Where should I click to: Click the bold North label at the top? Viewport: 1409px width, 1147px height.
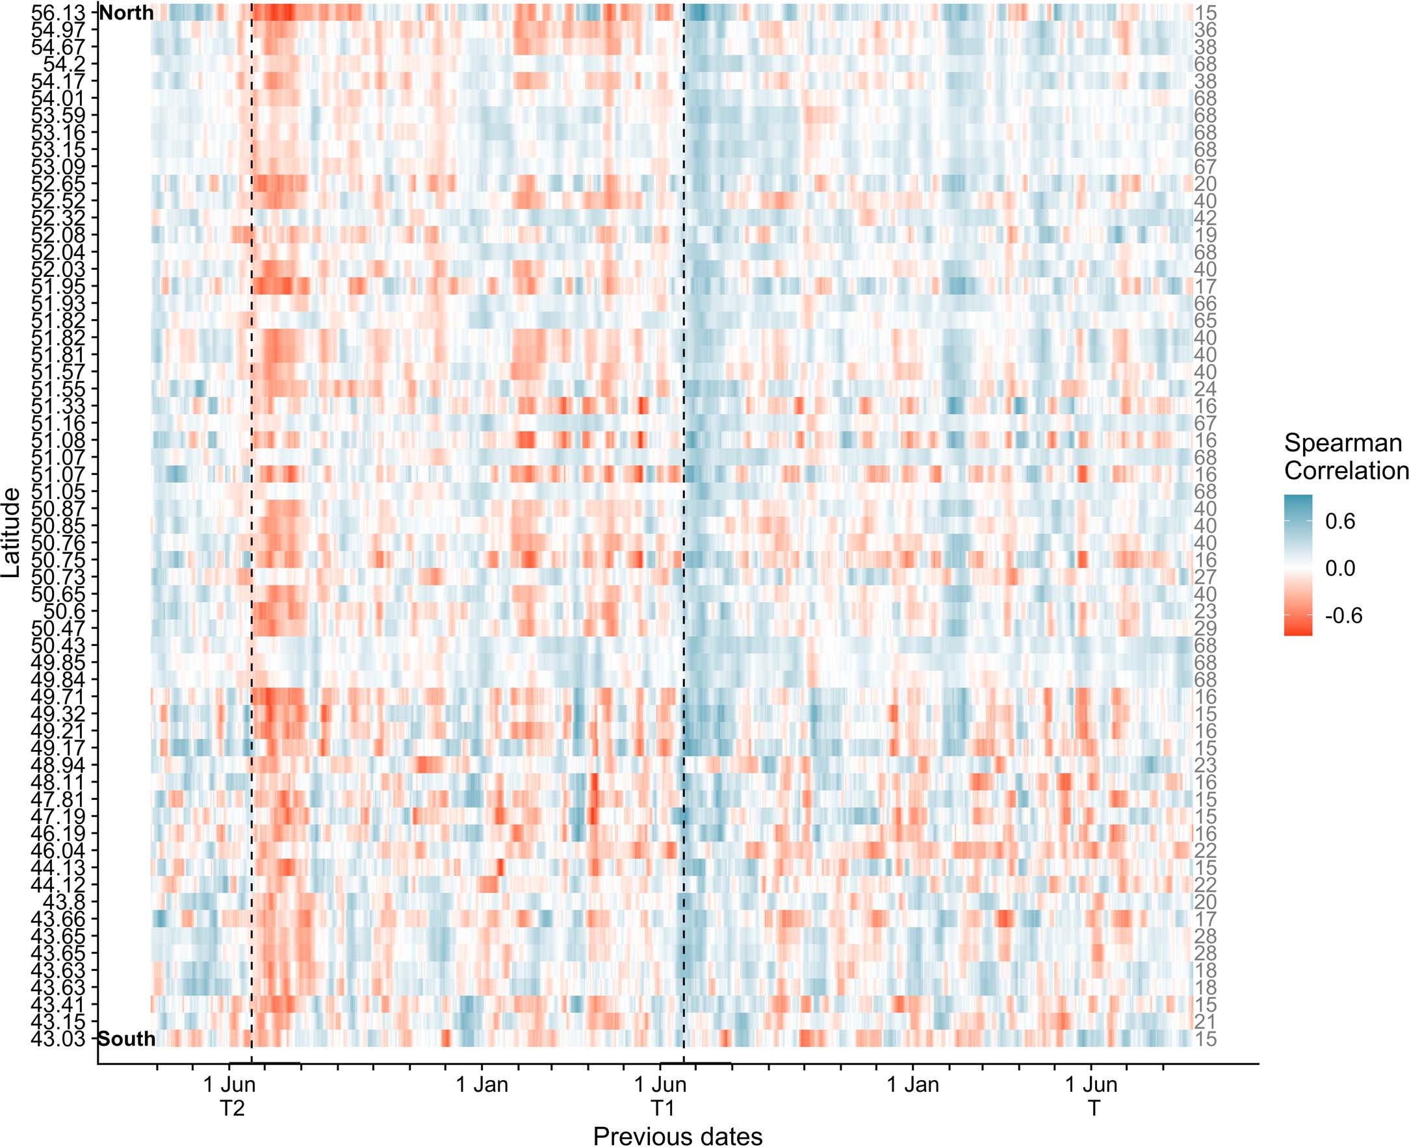126,13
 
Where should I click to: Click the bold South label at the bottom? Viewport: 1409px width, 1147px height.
127,1038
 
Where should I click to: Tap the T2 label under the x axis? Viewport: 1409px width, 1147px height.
232,1107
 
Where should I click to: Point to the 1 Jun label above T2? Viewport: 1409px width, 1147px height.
229,1084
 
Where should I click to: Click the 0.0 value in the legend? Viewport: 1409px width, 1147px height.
1339,568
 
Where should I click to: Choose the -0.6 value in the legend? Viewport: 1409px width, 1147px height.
1343,616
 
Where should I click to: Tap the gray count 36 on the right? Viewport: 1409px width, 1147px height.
1205,31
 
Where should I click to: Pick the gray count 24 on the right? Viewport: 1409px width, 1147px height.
1205,389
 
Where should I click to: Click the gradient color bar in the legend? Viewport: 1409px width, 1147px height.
1298,565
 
